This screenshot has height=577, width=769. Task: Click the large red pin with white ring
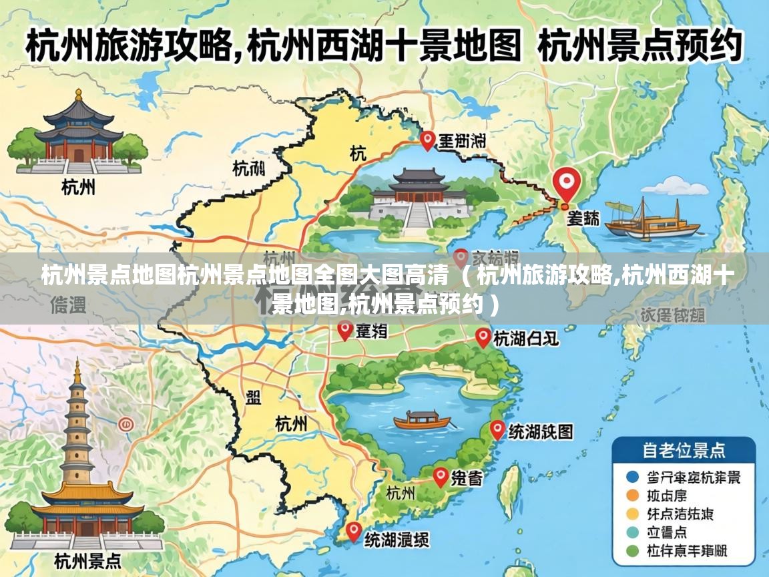567,182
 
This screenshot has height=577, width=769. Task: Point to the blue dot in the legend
632,477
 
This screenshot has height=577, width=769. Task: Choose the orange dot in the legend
632,496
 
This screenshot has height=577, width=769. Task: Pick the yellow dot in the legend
632,514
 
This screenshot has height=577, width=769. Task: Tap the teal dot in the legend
632,532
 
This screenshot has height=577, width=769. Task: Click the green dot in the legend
632,551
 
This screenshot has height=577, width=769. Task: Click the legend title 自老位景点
684,450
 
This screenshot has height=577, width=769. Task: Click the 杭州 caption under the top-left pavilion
78,187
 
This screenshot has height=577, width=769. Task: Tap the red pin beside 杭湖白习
483,337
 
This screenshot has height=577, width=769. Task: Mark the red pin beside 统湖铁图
497,429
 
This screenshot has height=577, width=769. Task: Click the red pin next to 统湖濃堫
353,532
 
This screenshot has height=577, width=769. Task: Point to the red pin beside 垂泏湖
428,140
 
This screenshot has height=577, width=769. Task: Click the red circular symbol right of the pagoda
125,424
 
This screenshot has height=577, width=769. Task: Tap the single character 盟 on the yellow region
254,398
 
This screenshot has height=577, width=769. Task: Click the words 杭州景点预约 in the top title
639,47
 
